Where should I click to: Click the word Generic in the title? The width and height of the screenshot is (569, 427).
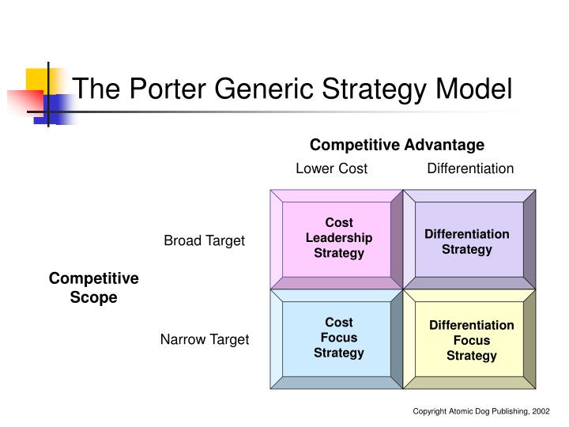click(x=266, y=88)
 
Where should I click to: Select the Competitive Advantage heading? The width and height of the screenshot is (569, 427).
click(x=397, y=145)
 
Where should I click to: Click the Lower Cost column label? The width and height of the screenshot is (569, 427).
click(x=331, y=168)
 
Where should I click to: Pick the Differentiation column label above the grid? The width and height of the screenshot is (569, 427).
click(x=470, y=168)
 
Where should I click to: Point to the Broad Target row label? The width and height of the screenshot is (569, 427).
click(x=204, y=241)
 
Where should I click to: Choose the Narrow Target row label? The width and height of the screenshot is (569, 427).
click(x=204, y=339)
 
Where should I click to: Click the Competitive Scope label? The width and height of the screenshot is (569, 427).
click(x=94, y=288)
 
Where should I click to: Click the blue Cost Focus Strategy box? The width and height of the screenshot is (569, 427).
click(x=338, y=338)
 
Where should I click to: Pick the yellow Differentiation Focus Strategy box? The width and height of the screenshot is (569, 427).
click(x=471, y=341)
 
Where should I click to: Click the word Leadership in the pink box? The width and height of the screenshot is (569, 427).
click(x=338, y=238)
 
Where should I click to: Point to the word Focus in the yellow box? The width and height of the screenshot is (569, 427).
click(x=471, y=341)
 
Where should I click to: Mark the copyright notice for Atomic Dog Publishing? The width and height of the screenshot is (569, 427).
click(x=479, y=412)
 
